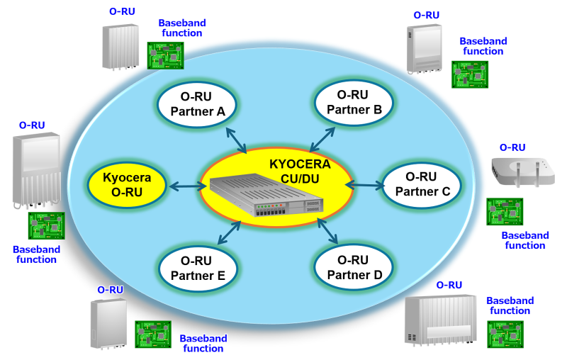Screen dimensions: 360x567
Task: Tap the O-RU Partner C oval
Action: click(422, 186)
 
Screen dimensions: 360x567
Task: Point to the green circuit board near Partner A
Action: click(165, 54)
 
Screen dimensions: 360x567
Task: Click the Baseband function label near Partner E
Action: click(203, 343)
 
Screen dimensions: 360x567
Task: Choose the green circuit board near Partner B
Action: click(470, 74)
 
